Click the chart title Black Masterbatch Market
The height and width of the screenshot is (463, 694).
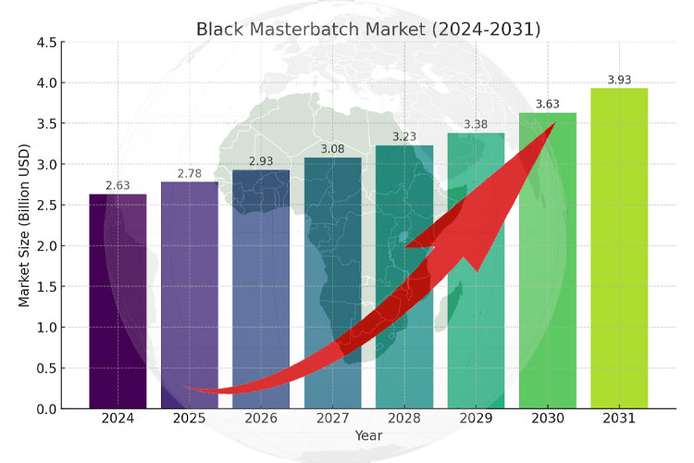(x=368, y=29)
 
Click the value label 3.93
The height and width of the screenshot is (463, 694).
(x=619, y=81)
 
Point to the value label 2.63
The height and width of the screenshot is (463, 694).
(x=118, y=186)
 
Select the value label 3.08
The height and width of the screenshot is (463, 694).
(x=333, y=149)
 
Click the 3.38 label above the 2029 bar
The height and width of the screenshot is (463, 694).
(x=476, y=125)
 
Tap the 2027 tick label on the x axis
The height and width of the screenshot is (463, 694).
(x=333, y=419)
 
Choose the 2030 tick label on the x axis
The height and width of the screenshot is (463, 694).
(x=547, y=419)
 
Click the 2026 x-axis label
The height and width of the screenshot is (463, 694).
(x=261, y=419)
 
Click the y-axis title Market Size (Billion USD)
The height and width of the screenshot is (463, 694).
(x=25, y=225)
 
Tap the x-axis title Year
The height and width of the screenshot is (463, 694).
(x=368, y=435)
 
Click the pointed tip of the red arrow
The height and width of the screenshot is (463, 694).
(x=554, y=123)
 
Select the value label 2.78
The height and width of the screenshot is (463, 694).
(x=190, y=174)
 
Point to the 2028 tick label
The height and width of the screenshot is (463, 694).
(x=404, y=419)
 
